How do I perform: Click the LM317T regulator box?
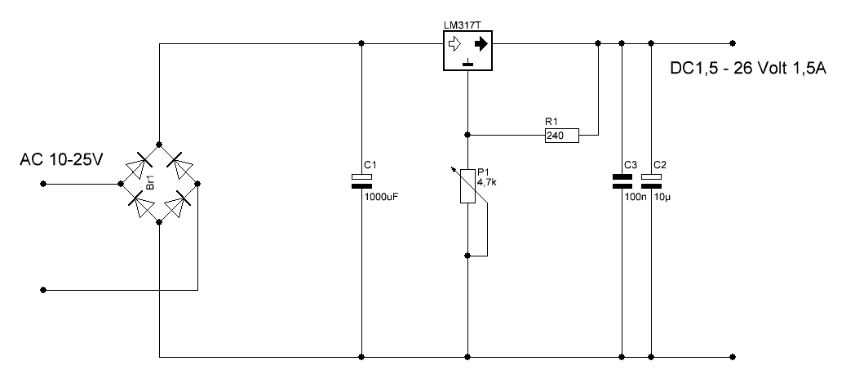[467, 51]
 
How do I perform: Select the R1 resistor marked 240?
[561, 135]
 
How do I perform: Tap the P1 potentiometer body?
[467, 185]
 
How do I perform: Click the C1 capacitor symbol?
[361, 181]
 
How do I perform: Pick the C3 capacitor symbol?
[622, 181]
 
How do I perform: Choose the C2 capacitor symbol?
[651, 181]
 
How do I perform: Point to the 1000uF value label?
[382, 197]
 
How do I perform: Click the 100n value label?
[635, 197]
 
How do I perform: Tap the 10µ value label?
[662, 197]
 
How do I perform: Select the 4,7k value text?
[487, 182]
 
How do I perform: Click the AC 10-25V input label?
[61, 159]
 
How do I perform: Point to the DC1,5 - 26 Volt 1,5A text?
[748, 69]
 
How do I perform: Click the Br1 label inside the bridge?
[151, 183]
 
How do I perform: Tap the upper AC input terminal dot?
[43, 184]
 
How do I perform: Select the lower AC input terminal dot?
[43, 290]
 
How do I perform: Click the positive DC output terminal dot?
[732, 43]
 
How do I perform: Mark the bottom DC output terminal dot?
[732, 357]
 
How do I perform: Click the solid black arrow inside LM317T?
[481, 43]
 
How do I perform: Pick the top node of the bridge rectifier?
[159, 144]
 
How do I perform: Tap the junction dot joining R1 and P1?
[467, 135]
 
